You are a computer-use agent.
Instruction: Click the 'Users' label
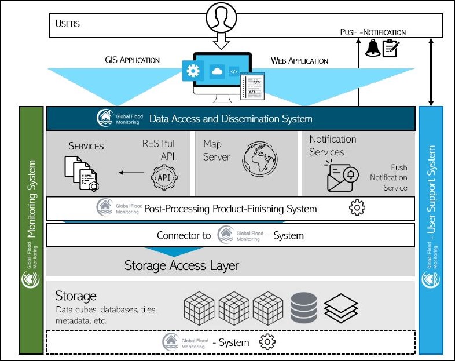click(x=68, y=24)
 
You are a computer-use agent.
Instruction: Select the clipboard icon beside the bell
click(x=391, y=48)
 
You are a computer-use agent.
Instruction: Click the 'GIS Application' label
click(x=132, y=60)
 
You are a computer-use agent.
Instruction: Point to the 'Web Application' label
click(x=299, y=60)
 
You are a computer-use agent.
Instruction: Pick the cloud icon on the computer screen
click(x=218, y=71)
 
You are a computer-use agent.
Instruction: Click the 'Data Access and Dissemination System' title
click(x=230, y=119)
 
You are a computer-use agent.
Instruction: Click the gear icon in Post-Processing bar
click(x=357, y=208)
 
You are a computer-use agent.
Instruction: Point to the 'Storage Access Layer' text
click(x=182, y=266)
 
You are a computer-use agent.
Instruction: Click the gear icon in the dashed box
click(x=267, y=342)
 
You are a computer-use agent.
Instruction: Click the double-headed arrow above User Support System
click(x=430, y=72)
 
